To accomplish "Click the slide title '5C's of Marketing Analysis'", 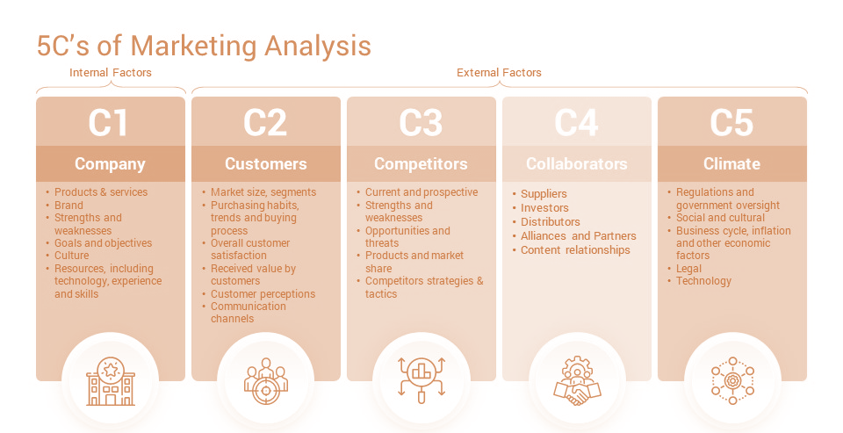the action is tap(204, 45).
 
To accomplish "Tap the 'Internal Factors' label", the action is tap(111, 73).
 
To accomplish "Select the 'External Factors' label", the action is tap(499, 73).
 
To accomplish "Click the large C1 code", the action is tap(109, 123).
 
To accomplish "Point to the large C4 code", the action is tap(576, 123).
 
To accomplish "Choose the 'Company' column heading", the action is tap(111, 164).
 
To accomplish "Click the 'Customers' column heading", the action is tap(265, 164).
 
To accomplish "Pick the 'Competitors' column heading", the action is tap(421, 164).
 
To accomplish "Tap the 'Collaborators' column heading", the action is tap(576, 164).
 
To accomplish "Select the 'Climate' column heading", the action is tap(731, 164).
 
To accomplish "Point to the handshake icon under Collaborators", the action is tap(577, 381).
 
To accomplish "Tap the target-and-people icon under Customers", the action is tap(266, 381).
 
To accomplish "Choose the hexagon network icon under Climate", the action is tap(732, 381).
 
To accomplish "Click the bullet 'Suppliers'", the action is tap(544, 194).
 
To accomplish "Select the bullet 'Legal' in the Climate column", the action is tap(688, 269).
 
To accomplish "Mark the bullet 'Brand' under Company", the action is tap(68, 206).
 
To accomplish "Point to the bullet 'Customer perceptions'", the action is tap(263, 294).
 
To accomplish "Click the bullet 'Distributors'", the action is tap(551, 221).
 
